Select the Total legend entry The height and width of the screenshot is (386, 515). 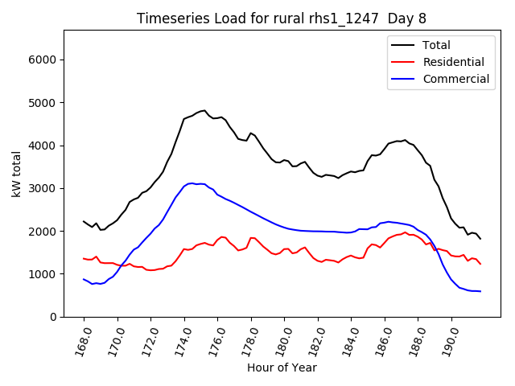tap(437, 45)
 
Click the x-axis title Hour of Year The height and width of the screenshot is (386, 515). tap(282, 368)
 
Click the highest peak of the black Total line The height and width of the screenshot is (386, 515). tap(204, 111)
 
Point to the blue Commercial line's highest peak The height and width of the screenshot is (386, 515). tap(192, 183)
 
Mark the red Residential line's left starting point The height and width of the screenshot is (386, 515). tap(84, 259)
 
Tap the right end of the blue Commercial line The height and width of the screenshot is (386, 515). tap(480, 291)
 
